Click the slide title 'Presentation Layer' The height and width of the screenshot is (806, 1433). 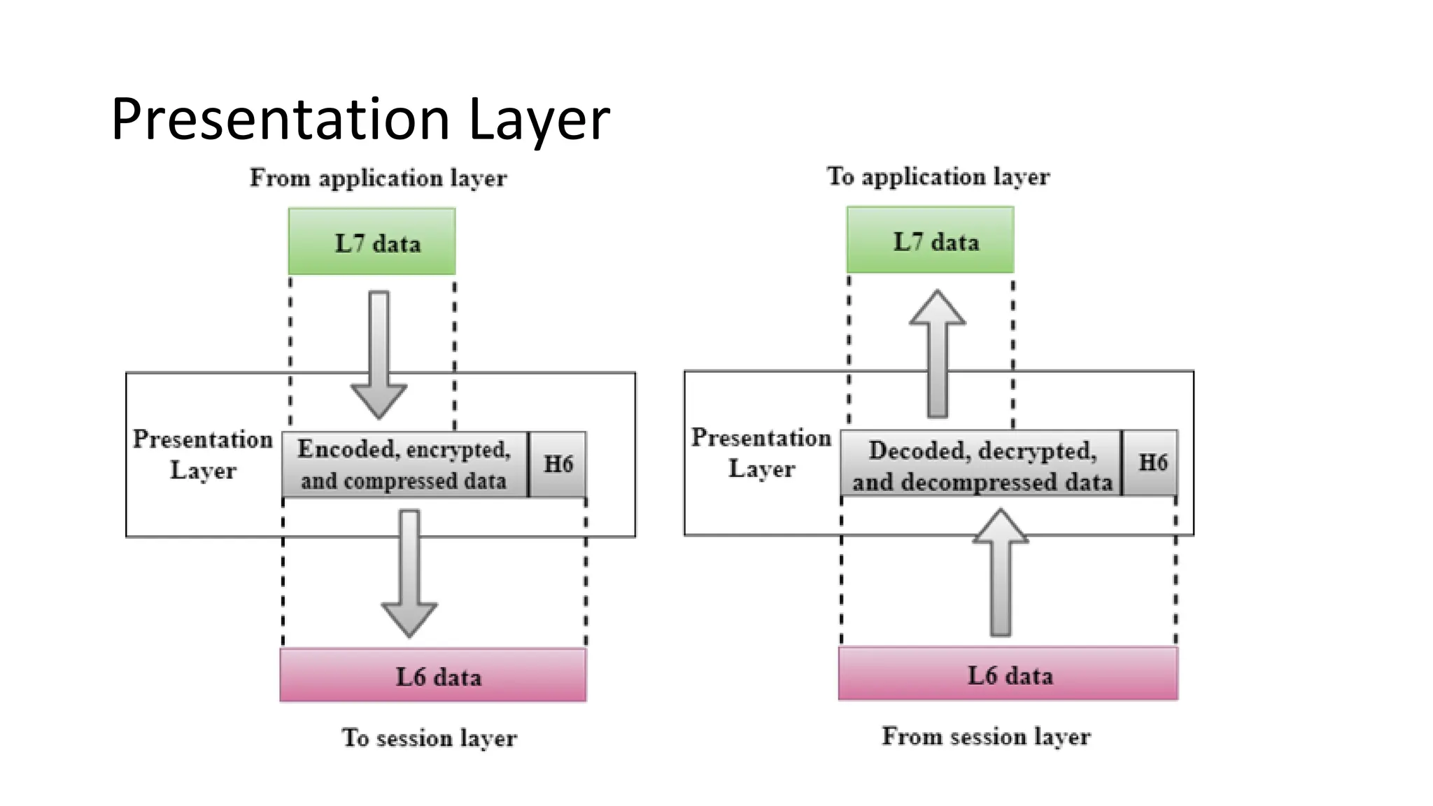click(360, 120)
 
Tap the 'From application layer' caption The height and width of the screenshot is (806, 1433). click(378, 178)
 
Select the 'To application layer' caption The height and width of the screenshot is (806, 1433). click(938, 176)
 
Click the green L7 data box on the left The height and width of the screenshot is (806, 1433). click(372, 241)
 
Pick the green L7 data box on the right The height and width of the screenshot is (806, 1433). click(930, 240)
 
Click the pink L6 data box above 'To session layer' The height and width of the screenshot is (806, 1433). click(433, 675)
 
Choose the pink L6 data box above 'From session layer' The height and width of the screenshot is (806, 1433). click(1008, 674)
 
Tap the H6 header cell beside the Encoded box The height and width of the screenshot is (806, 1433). click(558, 464)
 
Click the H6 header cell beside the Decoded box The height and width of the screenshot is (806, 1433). click(1151, 462)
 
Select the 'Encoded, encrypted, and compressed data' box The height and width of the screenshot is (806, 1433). click(404, 465)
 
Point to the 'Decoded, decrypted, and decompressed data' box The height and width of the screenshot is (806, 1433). click(981, 465)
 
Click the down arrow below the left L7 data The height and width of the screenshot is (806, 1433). click(379, 353)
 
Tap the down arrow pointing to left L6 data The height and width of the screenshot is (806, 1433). click(409, 572)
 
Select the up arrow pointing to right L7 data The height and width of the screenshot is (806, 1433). click(938, 353)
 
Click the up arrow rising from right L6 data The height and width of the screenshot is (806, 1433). click(1001, 572)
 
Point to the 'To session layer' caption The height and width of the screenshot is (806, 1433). click(429, 737)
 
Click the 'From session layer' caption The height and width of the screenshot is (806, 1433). click(985, 736)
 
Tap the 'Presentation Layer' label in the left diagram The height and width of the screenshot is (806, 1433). click(203, 455)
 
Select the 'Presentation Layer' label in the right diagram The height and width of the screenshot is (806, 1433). click(761, 453)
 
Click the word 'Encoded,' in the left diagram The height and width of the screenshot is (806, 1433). click(348, 448)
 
